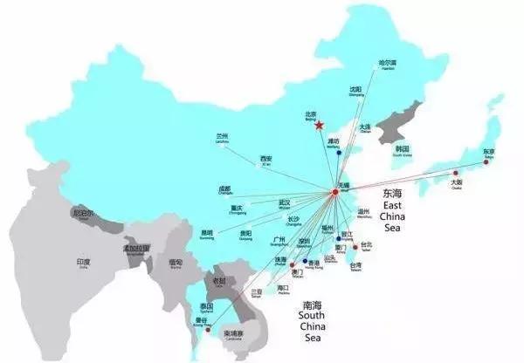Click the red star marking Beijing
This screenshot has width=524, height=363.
[321, 125]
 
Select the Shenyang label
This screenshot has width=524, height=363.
[355, 91]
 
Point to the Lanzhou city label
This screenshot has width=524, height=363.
[222, 138]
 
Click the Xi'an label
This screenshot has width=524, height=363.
[265, 160]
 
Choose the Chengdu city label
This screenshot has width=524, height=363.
[225, 189]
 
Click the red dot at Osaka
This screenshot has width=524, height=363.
[452, 174]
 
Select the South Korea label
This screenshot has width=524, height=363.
[403, 151]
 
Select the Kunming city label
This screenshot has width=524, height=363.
[207, 234]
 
